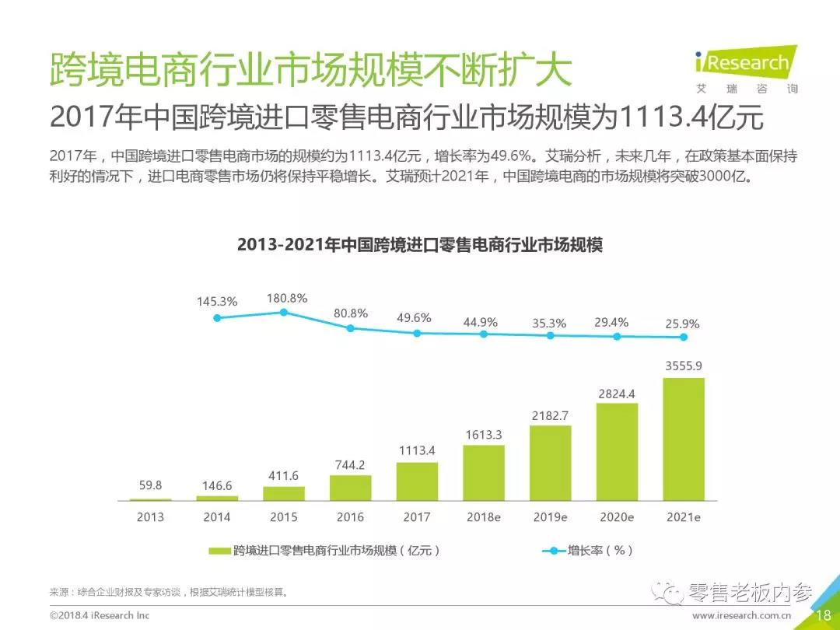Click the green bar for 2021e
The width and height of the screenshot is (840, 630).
pos(684,439)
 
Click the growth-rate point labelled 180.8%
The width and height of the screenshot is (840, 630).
pos(284,312)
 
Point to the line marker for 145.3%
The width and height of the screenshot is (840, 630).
pos(217,317)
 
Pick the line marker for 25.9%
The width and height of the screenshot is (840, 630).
pos(684,337)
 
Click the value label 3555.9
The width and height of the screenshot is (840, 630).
pos(683,365)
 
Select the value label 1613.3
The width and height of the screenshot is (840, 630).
pos(484,434)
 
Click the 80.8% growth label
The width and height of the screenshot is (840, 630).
pos(350,313)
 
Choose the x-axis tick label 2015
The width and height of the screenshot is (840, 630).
pos(284,516)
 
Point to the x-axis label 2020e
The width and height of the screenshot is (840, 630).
pos(617,516)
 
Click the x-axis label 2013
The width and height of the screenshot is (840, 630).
pos(150,516)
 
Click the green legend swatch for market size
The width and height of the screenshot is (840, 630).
pos(220,551)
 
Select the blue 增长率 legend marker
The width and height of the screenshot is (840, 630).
pos(553,551)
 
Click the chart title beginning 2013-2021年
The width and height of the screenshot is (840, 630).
pos(420,245)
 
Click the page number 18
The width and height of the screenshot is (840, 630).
pos(823,615)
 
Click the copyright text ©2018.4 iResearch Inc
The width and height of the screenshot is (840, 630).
pos(100,615)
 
